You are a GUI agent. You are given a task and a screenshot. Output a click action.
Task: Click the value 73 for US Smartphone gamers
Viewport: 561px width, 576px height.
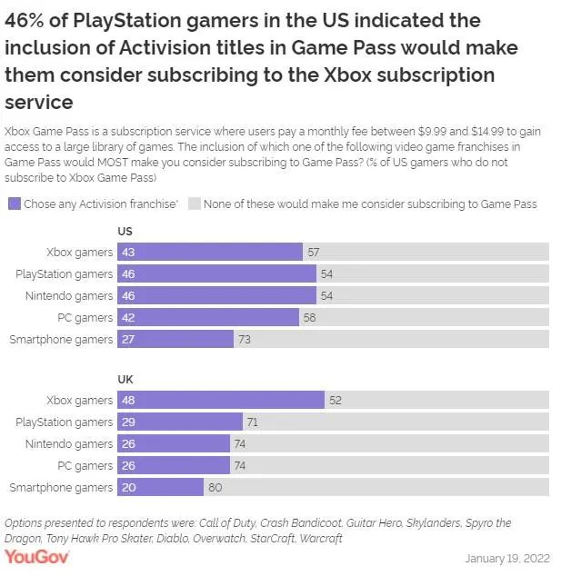pyautogui.click(x=244, y=339)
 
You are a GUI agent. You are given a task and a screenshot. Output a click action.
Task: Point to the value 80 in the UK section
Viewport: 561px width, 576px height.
pyautogui.click(x=214, y=487)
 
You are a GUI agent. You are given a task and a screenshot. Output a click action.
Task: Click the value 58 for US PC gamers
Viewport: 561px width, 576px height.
pyautogui.click(x=309, y=317)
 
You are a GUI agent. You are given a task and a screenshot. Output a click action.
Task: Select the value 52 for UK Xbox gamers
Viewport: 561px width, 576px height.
pyautogui.click(x=335, y=400)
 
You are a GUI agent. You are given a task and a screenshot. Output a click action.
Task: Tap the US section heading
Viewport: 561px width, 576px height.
pyautogui.click(x=125, y=232)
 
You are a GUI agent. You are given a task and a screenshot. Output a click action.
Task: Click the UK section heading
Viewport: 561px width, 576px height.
pyautogui.click(x=125, y=379)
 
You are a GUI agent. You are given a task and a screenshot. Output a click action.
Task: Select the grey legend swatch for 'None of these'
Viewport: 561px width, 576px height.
pyautogui.click(x=193, y=204)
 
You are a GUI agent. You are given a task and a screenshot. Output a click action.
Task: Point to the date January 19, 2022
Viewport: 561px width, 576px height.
pyautogui.click(x=507, y=557)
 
